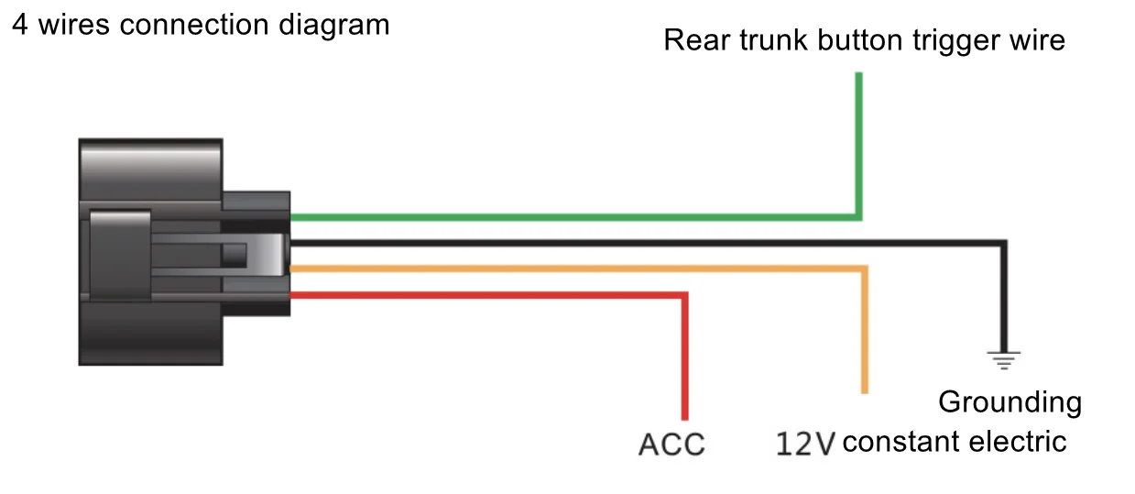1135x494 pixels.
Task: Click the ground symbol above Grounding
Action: [1005, 359]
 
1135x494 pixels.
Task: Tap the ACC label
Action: [671, 445]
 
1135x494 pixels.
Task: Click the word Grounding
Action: [1009, 402]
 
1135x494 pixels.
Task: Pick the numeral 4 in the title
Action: [19, 25]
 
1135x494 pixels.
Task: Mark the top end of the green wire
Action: [858, 75]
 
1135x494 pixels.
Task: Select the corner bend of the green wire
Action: [858, 217]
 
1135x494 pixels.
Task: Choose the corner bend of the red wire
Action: [683, 295]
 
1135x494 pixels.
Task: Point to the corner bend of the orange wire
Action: [864, 269]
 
